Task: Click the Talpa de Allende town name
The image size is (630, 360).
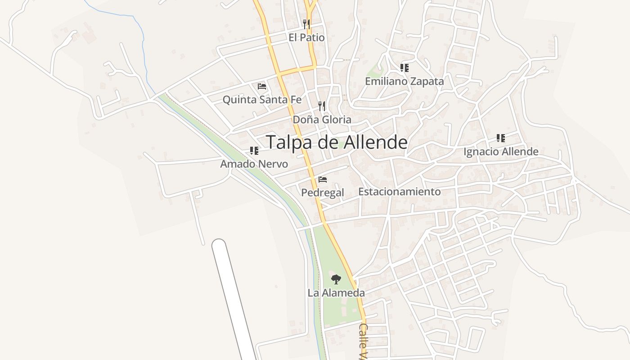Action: (337, 142)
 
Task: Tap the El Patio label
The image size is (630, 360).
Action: (306, 37)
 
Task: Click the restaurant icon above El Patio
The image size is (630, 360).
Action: (306, 23)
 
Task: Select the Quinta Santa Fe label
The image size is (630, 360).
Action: (262, 99)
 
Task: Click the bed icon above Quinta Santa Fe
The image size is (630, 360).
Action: (262, 86)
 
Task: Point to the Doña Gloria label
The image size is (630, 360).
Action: (322, 120)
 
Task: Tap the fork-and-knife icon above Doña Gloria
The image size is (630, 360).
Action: (322, 106)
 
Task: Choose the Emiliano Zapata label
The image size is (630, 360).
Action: (404, 81)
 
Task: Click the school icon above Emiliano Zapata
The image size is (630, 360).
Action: (404, 68)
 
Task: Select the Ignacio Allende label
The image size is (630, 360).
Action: (501, 152)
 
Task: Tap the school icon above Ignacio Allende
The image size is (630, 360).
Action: (501, 138)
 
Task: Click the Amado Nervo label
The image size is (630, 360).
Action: (254, 164)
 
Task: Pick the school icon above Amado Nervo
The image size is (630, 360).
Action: (254, 150)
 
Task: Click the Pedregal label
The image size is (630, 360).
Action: (322, 193)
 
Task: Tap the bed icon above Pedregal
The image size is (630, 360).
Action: (322, 180)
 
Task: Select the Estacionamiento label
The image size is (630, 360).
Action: (399, 192)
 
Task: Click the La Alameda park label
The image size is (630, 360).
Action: (336, 293)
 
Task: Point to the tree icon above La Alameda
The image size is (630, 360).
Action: (336, 279)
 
